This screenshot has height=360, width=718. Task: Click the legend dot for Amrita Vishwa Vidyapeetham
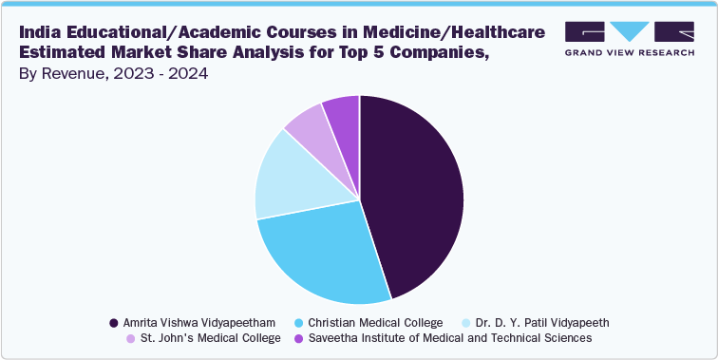[x=115, y=322]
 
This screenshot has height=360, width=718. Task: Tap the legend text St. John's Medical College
[x=209, y=337]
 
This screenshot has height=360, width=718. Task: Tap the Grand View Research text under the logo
[x=630, y=52]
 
